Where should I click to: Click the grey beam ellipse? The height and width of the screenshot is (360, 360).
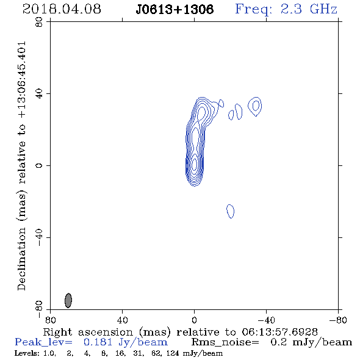(68, 300)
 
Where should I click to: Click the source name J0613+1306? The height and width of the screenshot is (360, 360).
(175, 10)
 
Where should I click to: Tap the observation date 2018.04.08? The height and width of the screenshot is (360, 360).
(62, 9)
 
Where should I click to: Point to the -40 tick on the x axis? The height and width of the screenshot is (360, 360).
(266, 320)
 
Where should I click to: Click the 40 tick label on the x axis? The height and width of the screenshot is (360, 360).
(122, 320)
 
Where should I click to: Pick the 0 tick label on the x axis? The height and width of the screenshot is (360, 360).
(194, 320)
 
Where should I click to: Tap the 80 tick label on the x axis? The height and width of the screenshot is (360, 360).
(50, 320)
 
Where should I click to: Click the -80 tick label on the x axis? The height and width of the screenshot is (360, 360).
(338, 320)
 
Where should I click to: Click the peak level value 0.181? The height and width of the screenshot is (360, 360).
(98, 342)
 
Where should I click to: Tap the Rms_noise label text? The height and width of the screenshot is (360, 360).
(225, 342)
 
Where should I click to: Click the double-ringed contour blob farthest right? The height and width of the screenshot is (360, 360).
(255, 98)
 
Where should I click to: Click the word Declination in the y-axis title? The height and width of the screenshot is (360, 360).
(21, 259)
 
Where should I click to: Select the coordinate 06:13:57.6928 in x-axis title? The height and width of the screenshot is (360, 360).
(279, 332)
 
